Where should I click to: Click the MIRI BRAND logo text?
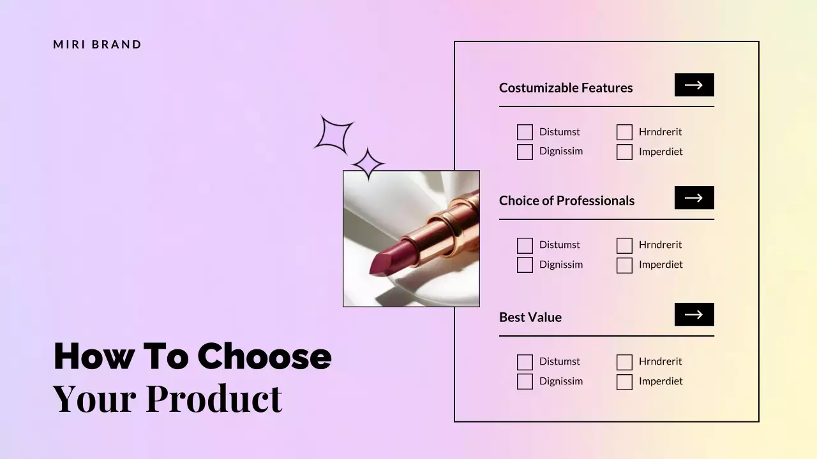click(98, 45)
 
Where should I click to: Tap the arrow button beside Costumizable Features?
click(694, 85)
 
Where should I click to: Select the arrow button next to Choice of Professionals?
click(694, 198)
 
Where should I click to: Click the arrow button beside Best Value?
click(694, 314)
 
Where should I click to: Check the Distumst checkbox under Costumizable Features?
click(525, 132)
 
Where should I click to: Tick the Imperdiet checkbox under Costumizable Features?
click(624, 152)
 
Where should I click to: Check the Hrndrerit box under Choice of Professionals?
click(624, 245)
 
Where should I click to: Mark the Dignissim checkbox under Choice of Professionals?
click(525, 265)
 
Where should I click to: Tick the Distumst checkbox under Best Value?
click(525, 362)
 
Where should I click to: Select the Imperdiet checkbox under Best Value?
click(624, 382)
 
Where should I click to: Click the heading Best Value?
click(530, 317)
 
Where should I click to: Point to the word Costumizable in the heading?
click(539, 88)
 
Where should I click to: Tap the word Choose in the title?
click(264, 356)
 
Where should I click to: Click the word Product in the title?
click(214, 398)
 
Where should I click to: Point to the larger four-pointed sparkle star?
click(334, 134)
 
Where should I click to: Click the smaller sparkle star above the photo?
click(368, 164)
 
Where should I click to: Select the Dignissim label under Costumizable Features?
click(561, 152)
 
